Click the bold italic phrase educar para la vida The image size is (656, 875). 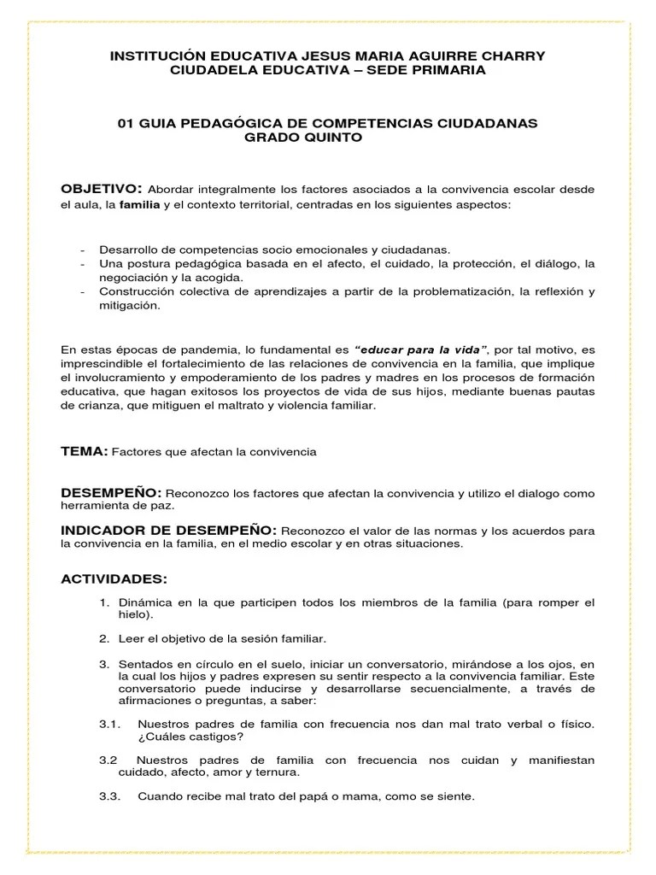click(x=421, y=350)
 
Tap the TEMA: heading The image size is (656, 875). click(x=84, y=451)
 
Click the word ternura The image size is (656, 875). click(x=278, y=772)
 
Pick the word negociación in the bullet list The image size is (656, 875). click(x=132, y=278)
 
